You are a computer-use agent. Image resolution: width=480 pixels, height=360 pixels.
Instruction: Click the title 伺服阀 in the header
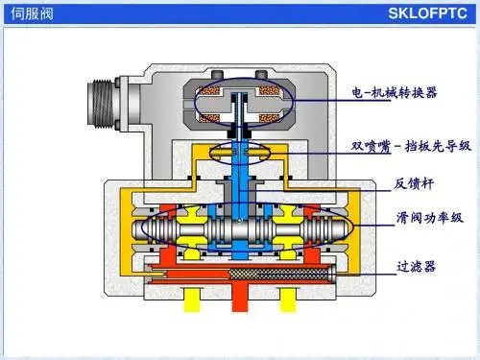click(x=32, y=13)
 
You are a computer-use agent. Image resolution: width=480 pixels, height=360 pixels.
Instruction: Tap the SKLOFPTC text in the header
click(x=427, y=13)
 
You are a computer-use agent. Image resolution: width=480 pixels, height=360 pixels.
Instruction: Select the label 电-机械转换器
click(x=395, y=92)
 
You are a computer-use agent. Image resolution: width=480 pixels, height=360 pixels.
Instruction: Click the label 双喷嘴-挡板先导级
click(x=411, y=146)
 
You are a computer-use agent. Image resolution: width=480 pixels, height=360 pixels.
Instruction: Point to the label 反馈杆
click(x=414, y=183)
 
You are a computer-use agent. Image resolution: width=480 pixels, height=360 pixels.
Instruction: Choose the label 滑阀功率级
click(x=429, y=218)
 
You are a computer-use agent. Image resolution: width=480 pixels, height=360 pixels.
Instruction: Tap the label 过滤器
click(x=416, y=266)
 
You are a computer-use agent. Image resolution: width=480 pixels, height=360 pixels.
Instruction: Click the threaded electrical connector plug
click(x=100, y=103)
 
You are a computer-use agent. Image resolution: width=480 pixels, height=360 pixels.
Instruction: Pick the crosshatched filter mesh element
click(x=278, y=275)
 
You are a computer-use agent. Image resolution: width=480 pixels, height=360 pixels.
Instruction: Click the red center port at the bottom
click(x=240, y=298)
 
